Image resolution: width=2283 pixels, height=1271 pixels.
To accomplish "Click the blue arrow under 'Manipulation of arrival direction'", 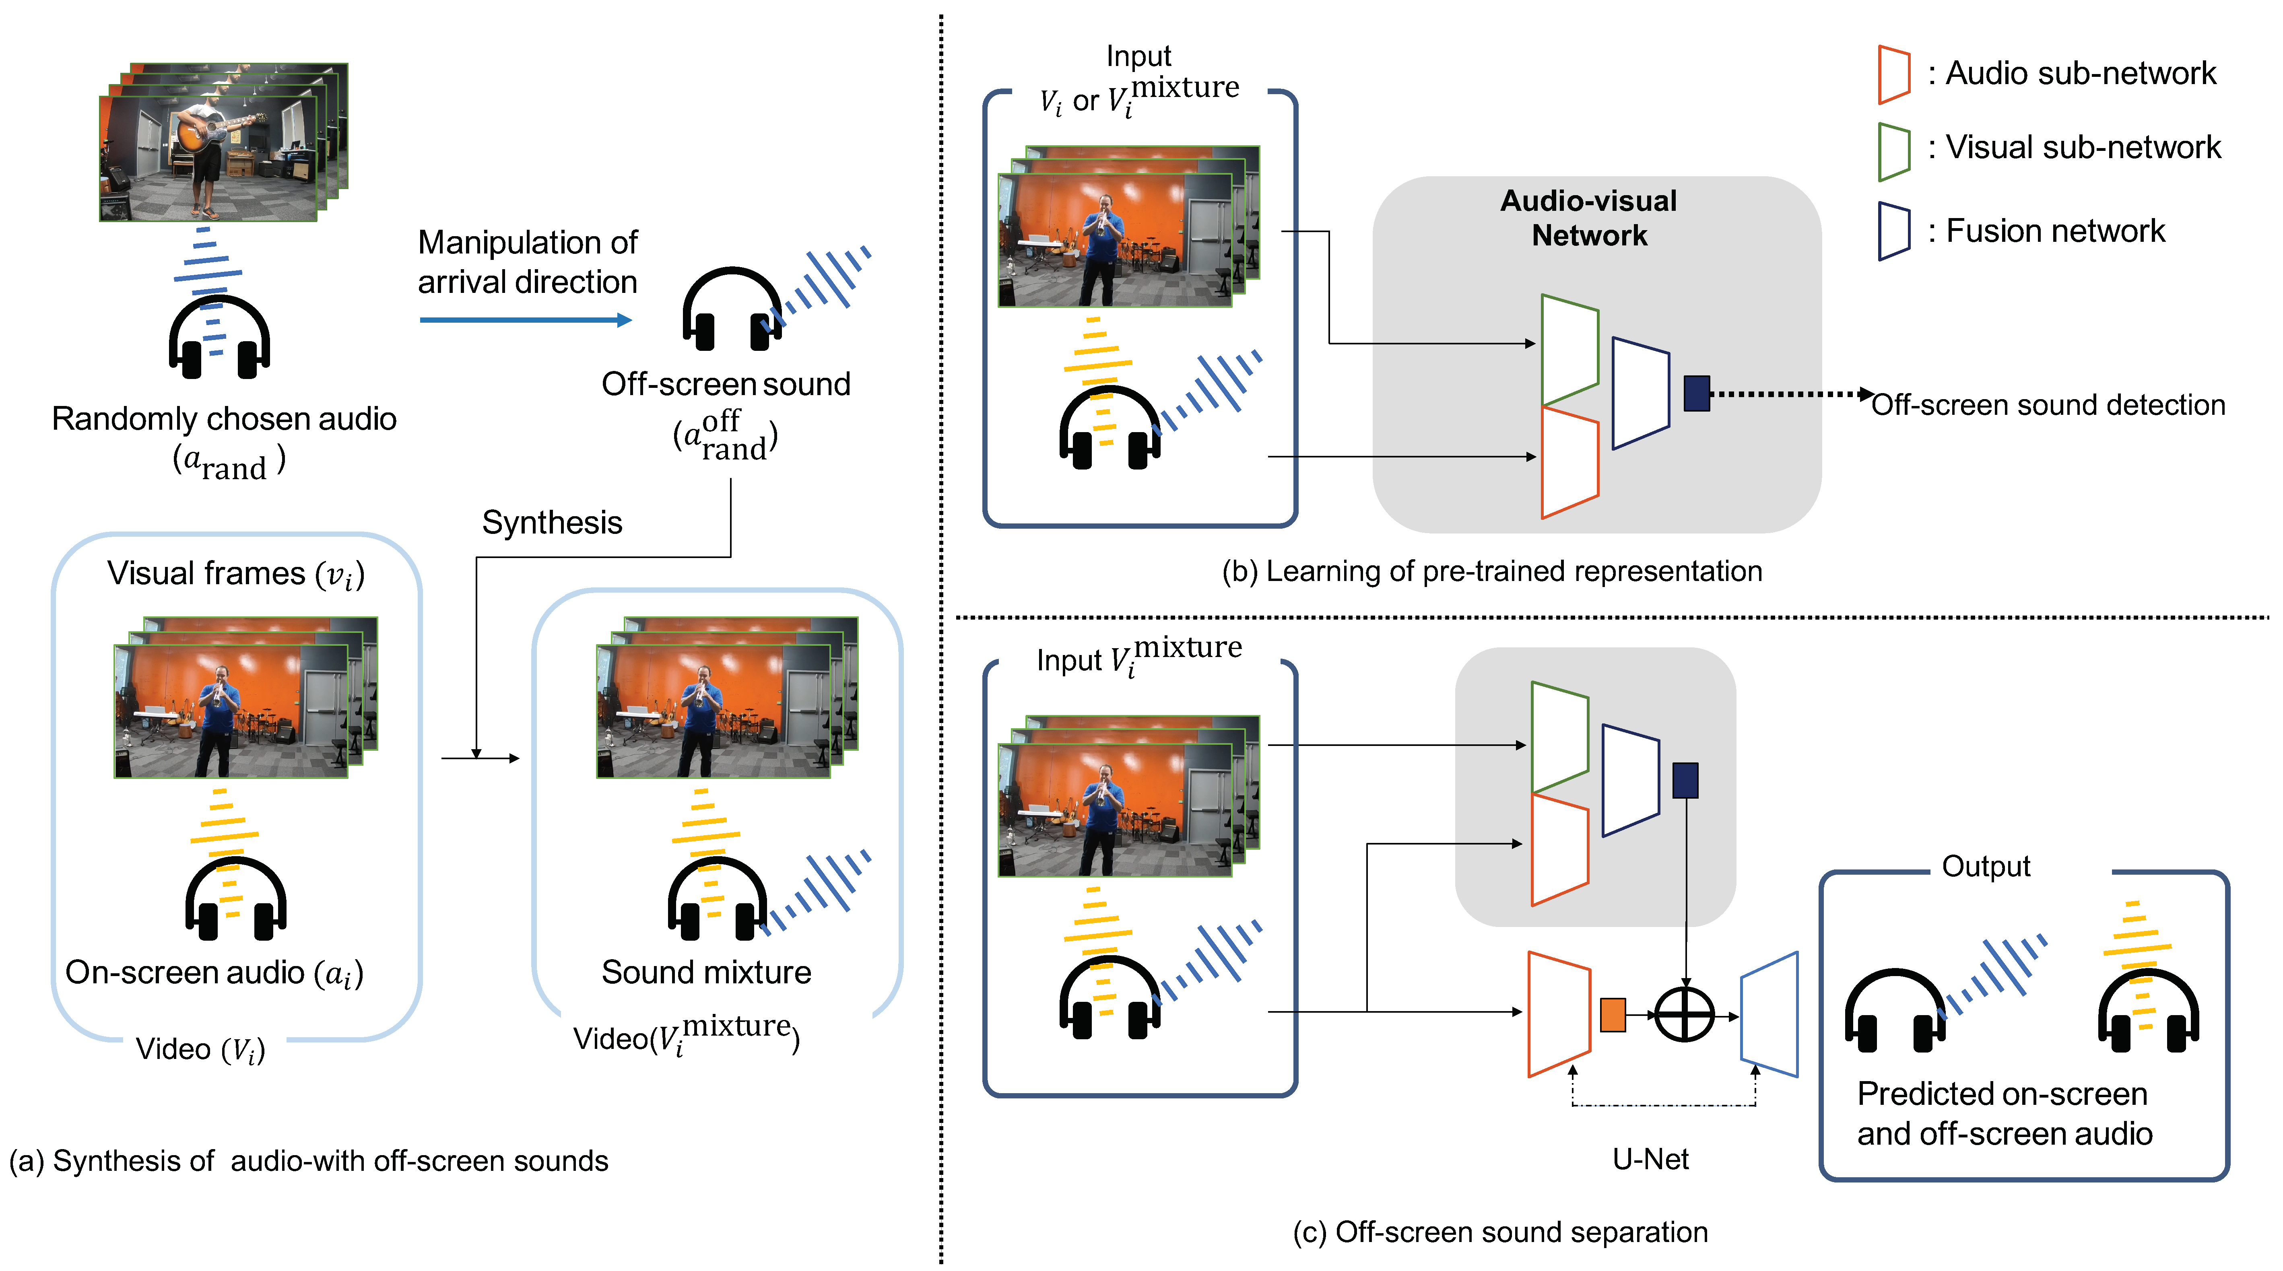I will (525, 319).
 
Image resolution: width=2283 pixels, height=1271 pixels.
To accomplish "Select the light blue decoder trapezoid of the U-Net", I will (1769, 1014).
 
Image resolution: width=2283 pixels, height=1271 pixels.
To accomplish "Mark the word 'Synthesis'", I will (551, 523).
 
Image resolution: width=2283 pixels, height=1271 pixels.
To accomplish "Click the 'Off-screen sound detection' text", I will (2047, 405).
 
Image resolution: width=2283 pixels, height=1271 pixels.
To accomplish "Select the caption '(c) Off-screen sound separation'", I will (1499, 1232).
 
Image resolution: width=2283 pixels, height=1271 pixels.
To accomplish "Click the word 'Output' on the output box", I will (1985, 866).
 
